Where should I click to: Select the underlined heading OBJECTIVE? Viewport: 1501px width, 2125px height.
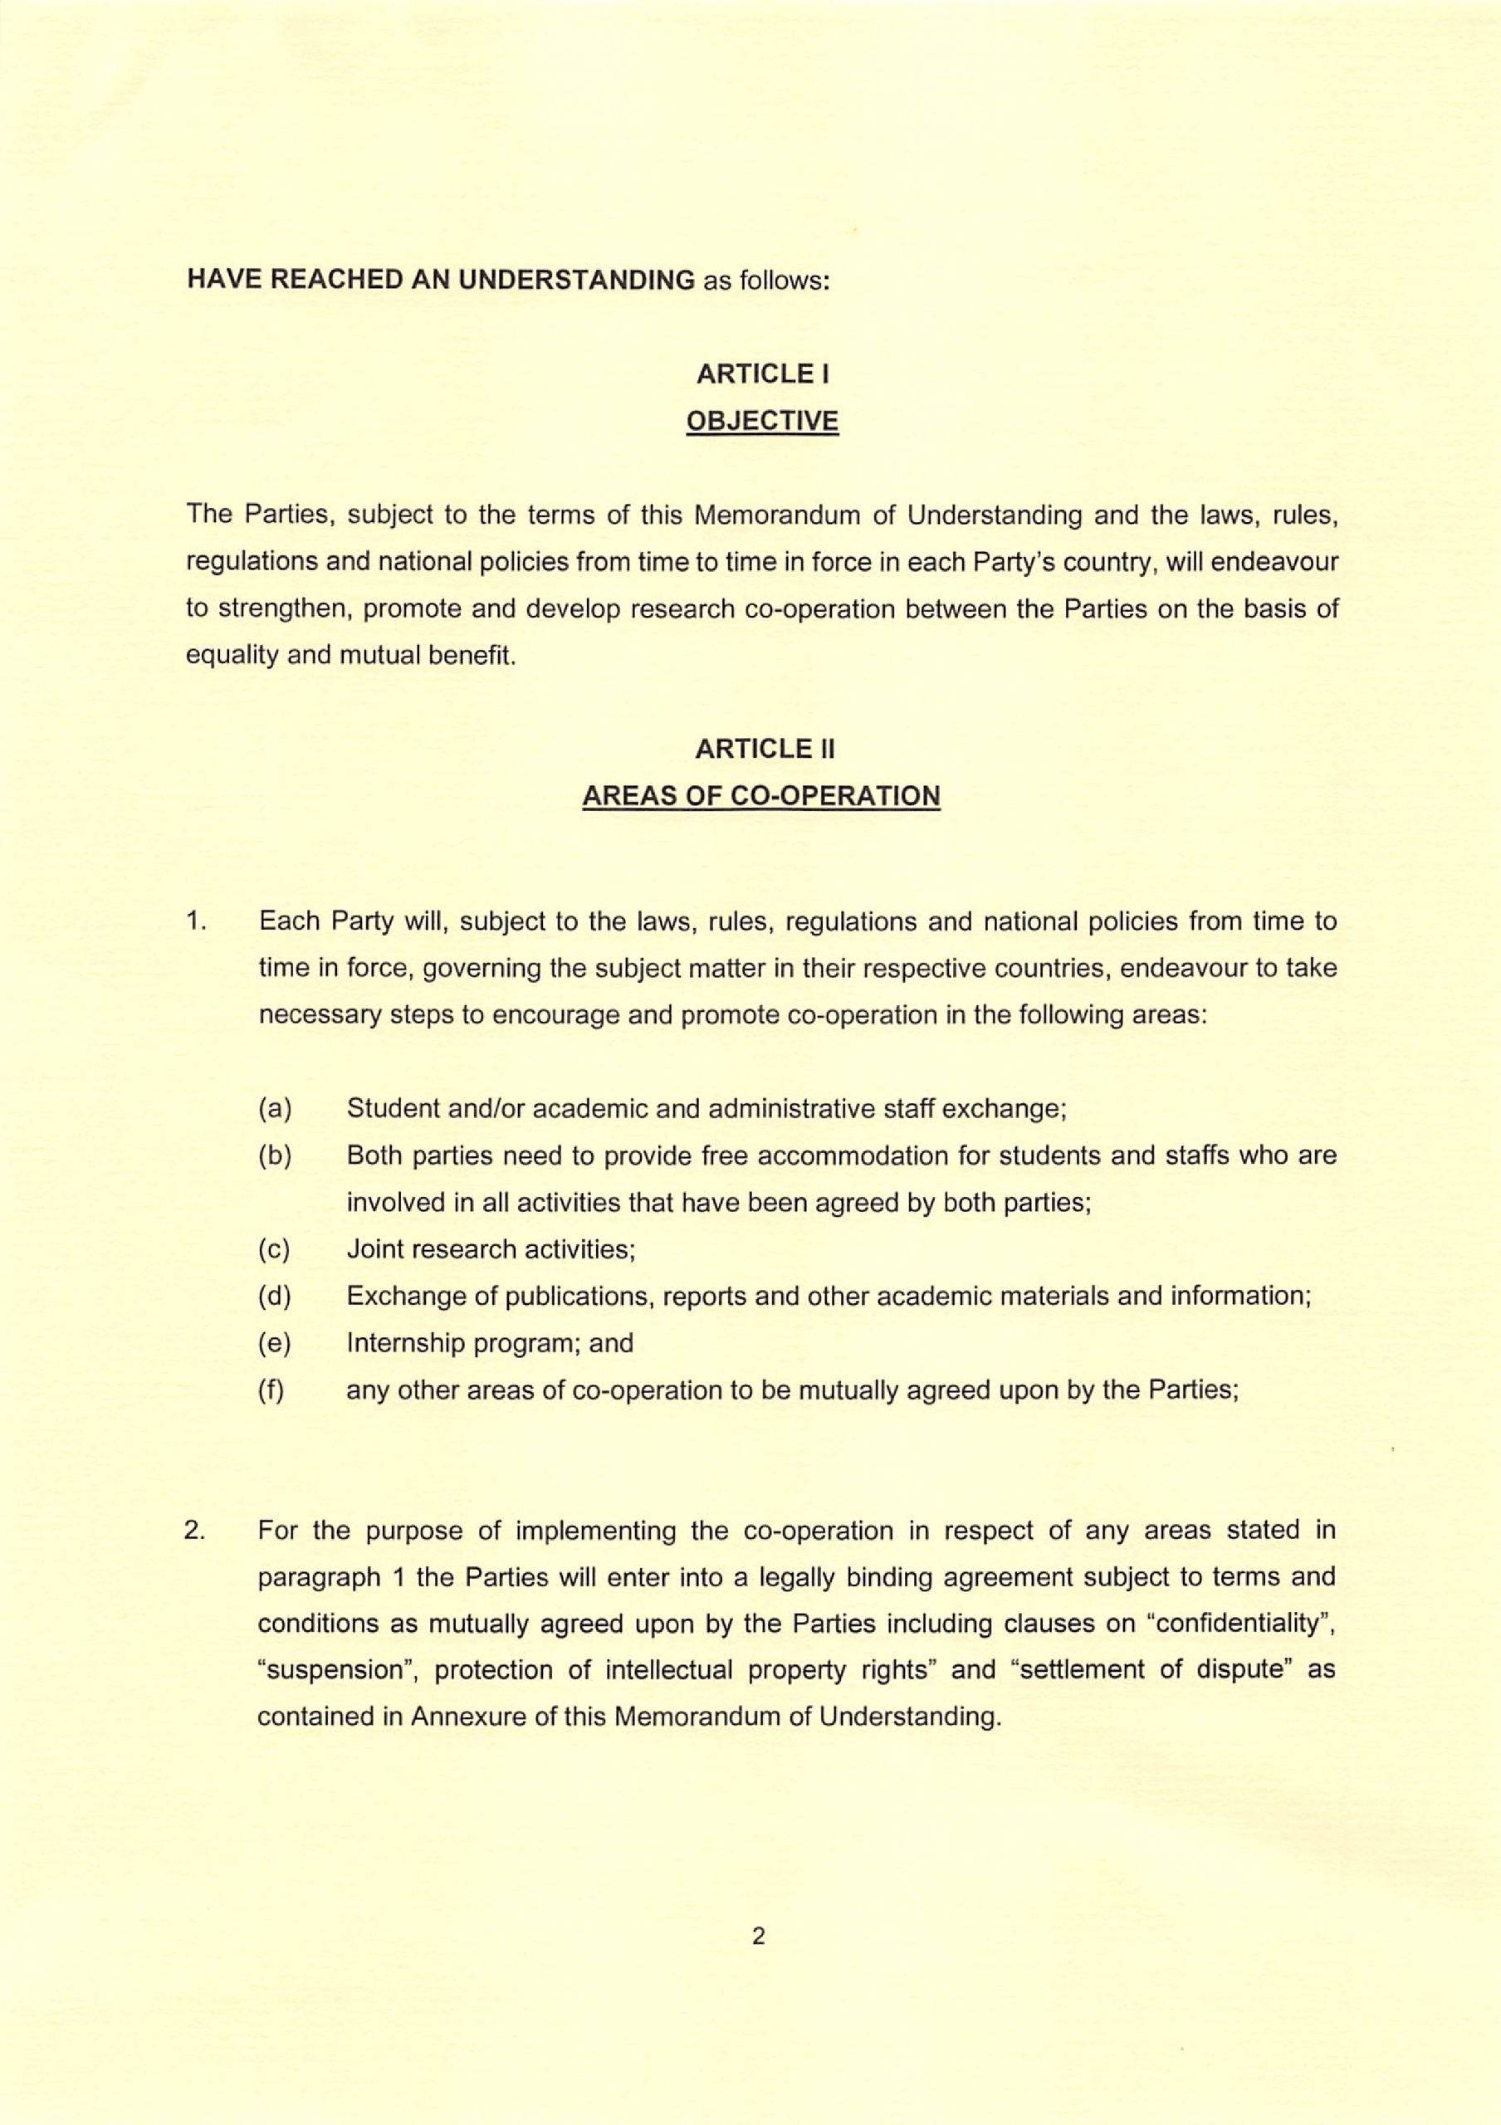pyautogui.click(x=761, y=421)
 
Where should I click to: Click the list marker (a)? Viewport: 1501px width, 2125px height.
pyautogui.click(x=275, y=1109)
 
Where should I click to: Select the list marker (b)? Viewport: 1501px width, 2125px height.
pyautogui.click(x=275, y=1156)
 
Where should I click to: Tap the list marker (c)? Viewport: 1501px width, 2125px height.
pyautogui.click(x=274, y=1249)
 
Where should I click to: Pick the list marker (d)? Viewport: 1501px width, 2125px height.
pyautogui.click(x=275, y=1297)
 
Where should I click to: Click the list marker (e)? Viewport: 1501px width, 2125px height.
pyautogui.click(x=275, y=1343)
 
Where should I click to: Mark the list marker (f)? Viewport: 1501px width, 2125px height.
pyautogui.click(x=271, y=1390)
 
